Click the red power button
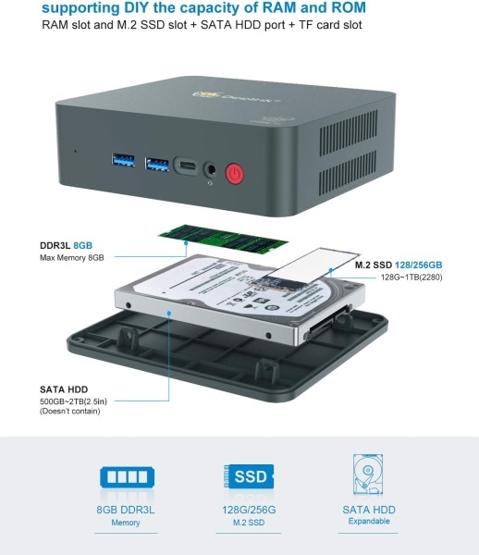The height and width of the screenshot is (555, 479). tap(234, 174)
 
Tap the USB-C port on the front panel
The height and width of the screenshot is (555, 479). tap(186, 166)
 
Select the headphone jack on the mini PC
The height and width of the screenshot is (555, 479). tap(210, 169)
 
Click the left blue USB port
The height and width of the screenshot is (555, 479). tap(123, 160)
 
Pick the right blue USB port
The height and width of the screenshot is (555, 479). tap(157, 165)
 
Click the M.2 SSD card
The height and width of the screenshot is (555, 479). tap(308, 270)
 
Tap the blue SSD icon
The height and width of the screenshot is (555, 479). tap(249, 475)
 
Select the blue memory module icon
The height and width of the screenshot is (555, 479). tap(128, 476)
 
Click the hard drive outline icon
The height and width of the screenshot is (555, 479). tap(368, 475)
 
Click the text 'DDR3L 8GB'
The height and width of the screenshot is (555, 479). tap(67, 245)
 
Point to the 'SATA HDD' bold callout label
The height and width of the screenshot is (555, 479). tap(64, 389)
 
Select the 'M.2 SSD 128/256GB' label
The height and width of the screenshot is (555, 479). tap(399, 265)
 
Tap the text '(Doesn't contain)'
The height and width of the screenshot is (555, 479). tap(70, 411)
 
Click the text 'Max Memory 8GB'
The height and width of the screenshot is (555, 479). tap(72, 258)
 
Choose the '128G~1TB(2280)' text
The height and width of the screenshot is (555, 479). tap(411, 277)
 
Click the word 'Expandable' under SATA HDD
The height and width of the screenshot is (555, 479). tap(369, 521)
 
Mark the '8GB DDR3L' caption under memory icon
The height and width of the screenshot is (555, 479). tap(126, 510)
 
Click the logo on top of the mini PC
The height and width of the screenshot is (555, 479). tap(235, 96)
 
